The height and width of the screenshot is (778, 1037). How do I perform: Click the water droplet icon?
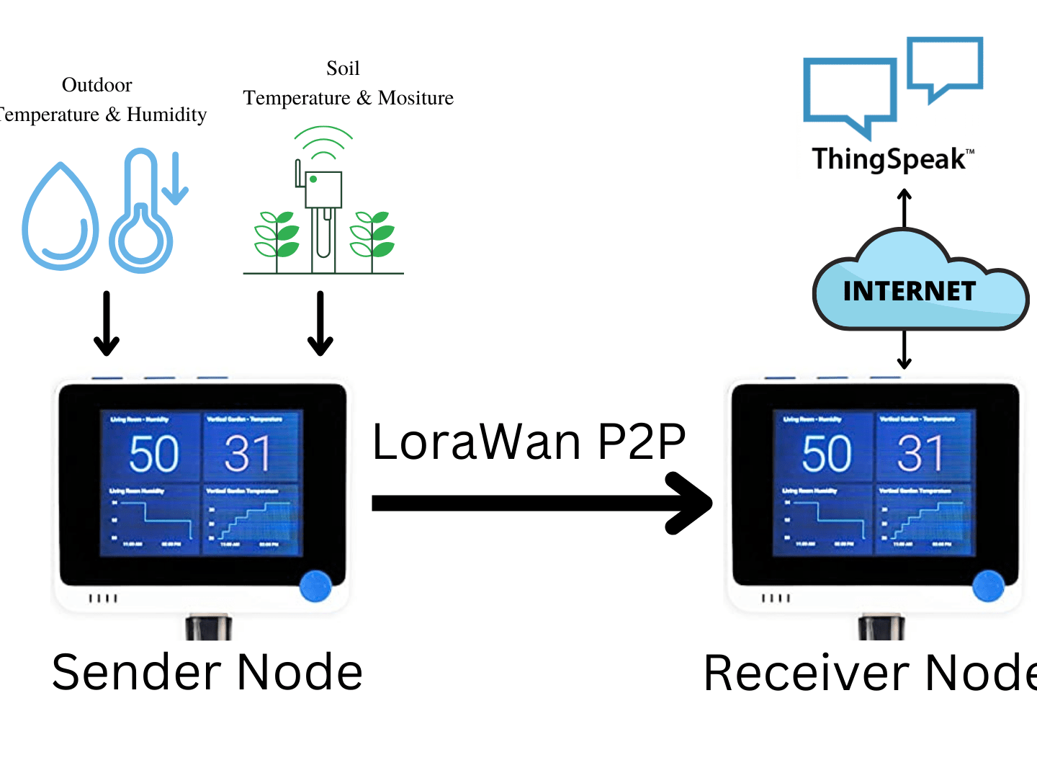tap(60, 218)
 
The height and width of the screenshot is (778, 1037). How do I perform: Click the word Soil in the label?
tap(343, 68)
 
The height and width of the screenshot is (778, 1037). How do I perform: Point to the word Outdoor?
tap(96, 85)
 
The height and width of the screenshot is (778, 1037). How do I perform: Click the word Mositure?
tap(416, 98)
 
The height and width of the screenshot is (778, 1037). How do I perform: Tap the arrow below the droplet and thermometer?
tap(107, 323)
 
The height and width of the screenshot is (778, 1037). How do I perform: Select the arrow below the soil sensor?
tap(320, 323)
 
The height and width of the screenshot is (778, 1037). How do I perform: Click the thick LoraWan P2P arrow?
tap(540, 503)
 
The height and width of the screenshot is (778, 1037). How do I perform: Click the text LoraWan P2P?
tap(529, 442)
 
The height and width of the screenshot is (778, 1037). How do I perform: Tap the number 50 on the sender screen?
tap(153, 454)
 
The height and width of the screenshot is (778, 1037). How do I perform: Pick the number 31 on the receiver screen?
tap(920, 454)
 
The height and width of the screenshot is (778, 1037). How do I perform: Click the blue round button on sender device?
tap(315, 586)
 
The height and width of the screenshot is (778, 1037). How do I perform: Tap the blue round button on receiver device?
tap(988, 586)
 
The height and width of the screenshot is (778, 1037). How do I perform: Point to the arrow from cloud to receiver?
tap(904, 349)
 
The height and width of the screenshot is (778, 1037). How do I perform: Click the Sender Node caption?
tap(207, 672)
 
